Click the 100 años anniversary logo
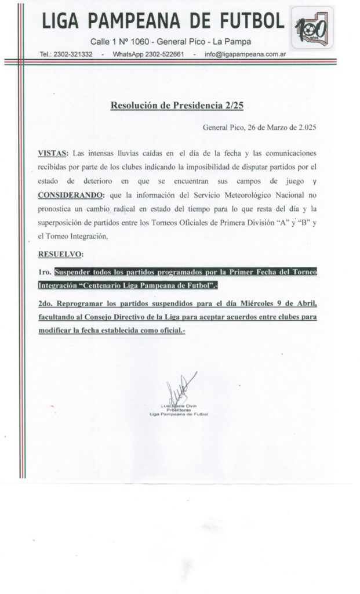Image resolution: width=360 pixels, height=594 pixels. click(312, 27)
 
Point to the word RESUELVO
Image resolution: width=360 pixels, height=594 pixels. click(60, 253)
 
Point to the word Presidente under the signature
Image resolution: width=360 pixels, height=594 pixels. click(178, 410)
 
